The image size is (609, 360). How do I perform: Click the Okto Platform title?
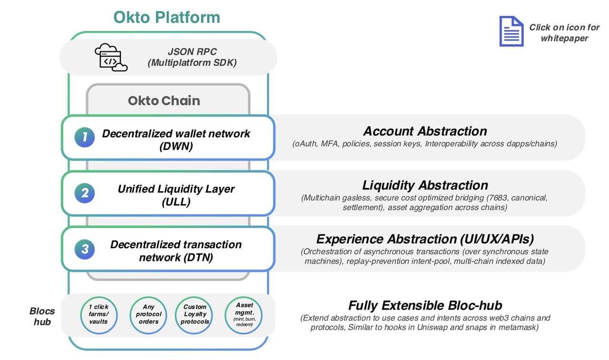pos(167,17)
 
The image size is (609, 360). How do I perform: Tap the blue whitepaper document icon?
pos(511,31)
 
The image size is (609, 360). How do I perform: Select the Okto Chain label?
pos(164,100)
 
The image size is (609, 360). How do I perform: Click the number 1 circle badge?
pos(85,137)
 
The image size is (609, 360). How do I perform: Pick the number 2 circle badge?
pos(85,193)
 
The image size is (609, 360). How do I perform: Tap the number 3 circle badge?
pos(85,249)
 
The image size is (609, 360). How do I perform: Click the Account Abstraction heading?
pos(425,131)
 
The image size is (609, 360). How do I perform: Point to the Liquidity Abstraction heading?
pos(425,185)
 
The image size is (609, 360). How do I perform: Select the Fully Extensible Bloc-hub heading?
pos(425,305)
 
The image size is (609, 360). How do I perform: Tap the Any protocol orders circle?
pos(148,314)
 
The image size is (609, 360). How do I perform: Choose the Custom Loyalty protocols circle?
pos(195,314)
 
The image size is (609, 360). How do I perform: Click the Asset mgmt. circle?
pos(244,314)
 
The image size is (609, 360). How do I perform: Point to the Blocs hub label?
pos(42,316)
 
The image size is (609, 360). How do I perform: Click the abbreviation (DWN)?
pos(176,146)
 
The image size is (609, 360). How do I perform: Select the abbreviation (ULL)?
pos(176,202)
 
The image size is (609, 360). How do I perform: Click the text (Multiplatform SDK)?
pos(192,63)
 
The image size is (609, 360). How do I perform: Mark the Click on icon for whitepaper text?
pos(564,32)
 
